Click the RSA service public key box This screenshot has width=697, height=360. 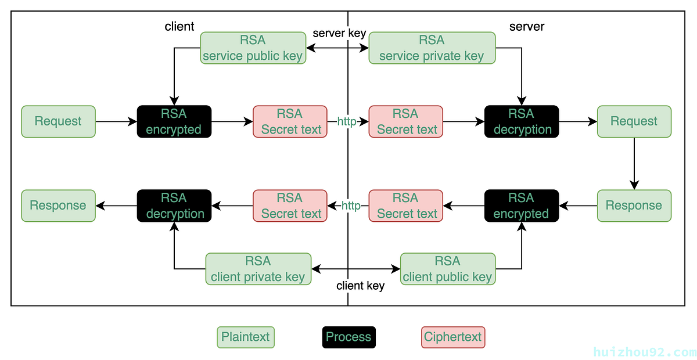click(x=253, y=48)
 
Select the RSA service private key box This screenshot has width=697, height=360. click(x=432, y=48)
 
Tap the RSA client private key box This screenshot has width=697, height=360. click(x=258, y=269)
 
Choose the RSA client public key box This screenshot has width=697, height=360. click(x=448, y=269)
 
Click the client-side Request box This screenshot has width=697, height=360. click(x=59, y=121)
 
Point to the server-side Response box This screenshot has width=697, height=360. click(x=634, y=206)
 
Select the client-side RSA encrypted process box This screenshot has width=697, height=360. click(x=174, y=121)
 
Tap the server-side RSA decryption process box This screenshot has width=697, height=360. click(x=522, y=121)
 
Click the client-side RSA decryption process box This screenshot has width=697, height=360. click(x=174, y=206)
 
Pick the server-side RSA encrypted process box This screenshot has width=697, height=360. click(x=522, y=206)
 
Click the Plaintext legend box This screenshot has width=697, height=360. click(x=246, y=337)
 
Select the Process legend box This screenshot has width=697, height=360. click(x=349, y=337)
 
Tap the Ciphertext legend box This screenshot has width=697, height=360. click(x=453, y=337)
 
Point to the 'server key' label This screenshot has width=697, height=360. click(x=339, y=33)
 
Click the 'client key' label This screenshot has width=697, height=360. click(x=360, y=286)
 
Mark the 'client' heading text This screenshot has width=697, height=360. click(x=179, y=27)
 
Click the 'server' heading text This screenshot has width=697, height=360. click(x=527, y=27)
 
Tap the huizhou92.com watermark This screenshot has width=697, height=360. click(x=645, y=352)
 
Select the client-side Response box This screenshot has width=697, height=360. click(x=59, y=206)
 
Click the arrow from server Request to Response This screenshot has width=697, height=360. click(x=634, y=164)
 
